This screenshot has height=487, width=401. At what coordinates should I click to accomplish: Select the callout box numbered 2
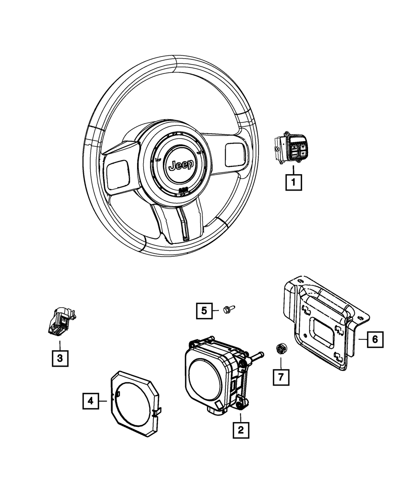point(241,430)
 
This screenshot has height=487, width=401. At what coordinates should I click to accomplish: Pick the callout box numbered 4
point(91,400)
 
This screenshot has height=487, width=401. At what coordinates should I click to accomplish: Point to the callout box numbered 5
point(204,310)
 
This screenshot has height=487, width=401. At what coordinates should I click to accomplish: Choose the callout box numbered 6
point(375,339)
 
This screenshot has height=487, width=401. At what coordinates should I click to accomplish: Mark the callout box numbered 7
point(281,377)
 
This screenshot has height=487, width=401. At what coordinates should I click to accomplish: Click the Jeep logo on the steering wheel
point(181,165)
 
